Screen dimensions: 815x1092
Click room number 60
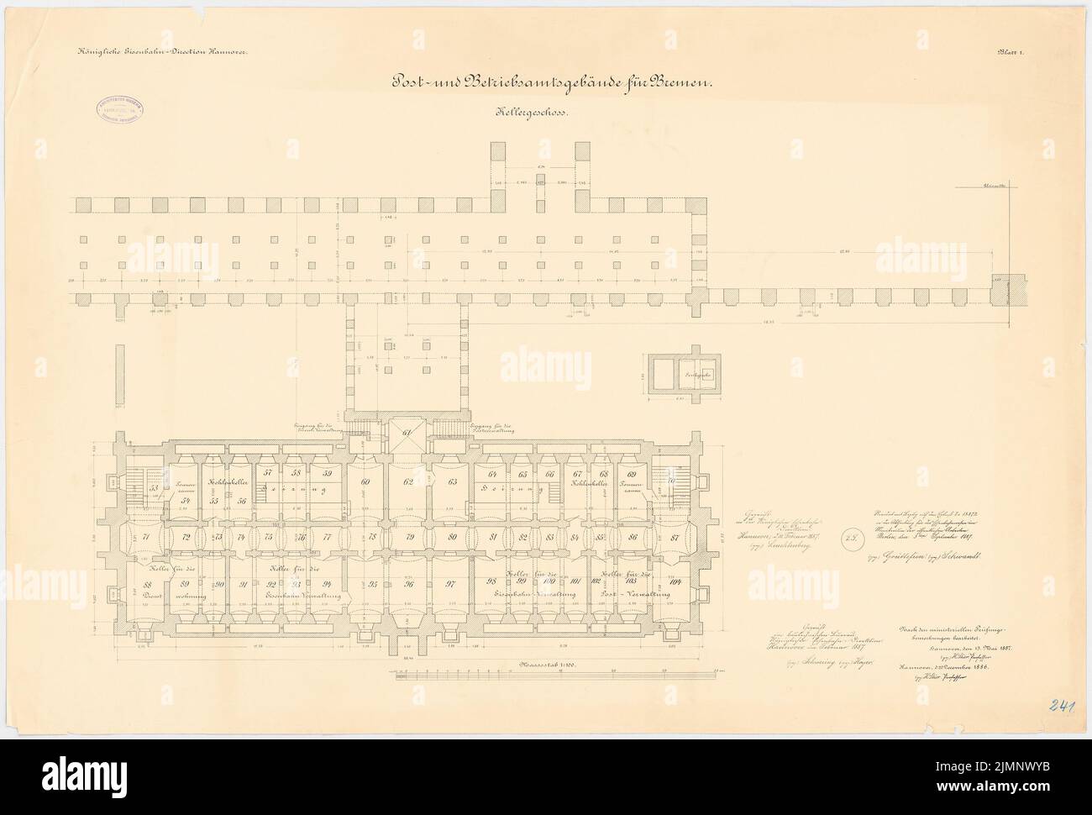click(x=365, y=481)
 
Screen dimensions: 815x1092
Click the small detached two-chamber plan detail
click(x=685, y=372)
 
